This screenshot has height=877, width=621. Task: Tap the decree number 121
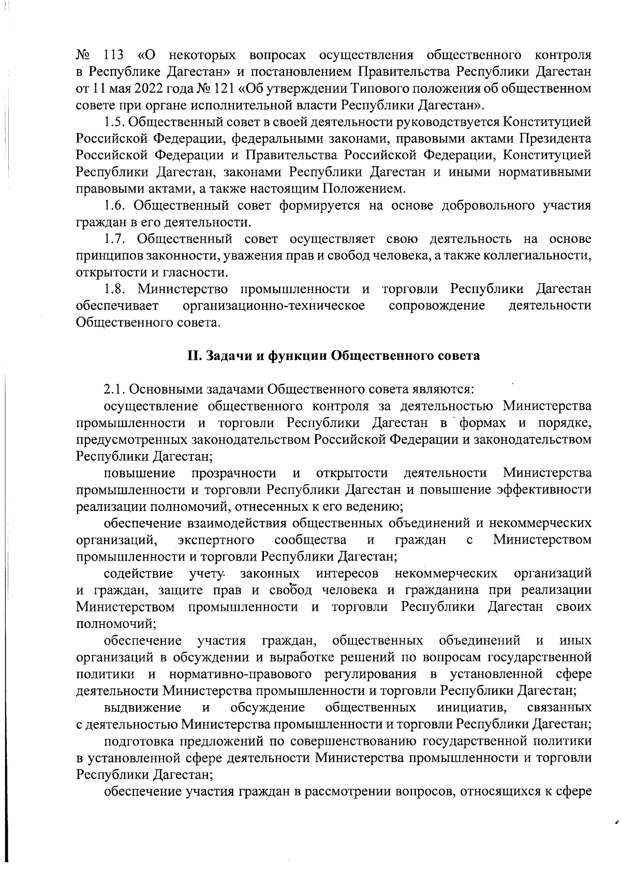click(218, 88)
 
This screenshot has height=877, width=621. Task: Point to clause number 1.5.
click(113, 122)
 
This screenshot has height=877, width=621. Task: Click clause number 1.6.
click(113, 206)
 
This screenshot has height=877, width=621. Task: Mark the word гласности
click(195, 272)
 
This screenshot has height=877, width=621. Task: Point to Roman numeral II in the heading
click(194, 356)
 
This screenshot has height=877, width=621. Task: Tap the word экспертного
click(216, 540)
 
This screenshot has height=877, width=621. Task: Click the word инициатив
click(471, 707)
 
